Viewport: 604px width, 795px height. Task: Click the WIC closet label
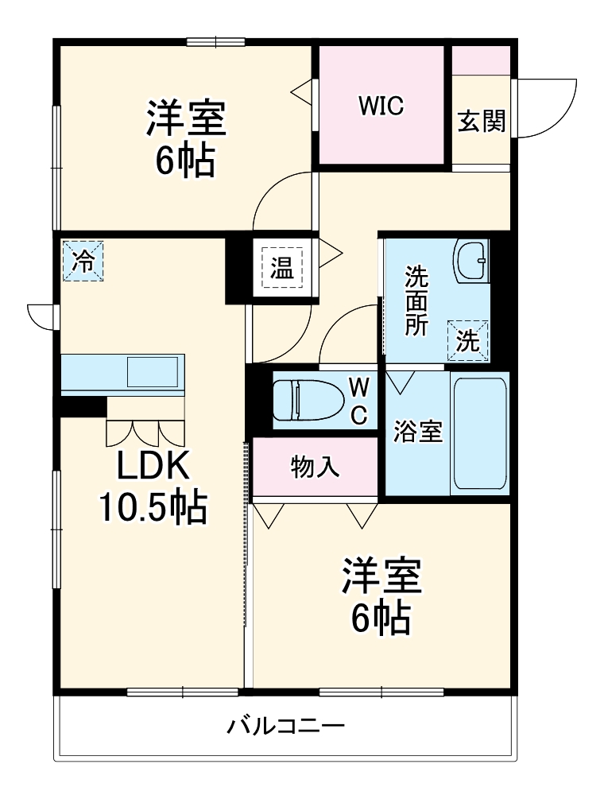tap(381, 105)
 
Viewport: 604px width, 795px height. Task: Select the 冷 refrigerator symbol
tap(83, 260)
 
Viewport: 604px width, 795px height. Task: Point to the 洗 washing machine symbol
tap(468, 340)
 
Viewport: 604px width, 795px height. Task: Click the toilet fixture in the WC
tap(306, 400)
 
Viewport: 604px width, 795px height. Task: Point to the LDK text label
tap(153, 467)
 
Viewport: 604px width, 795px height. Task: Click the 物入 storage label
tap(315, 467)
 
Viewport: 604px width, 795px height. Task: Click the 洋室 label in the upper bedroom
tap(186, 120)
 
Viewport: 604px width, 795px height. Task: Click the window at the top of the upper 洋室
tap(215, 42)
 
